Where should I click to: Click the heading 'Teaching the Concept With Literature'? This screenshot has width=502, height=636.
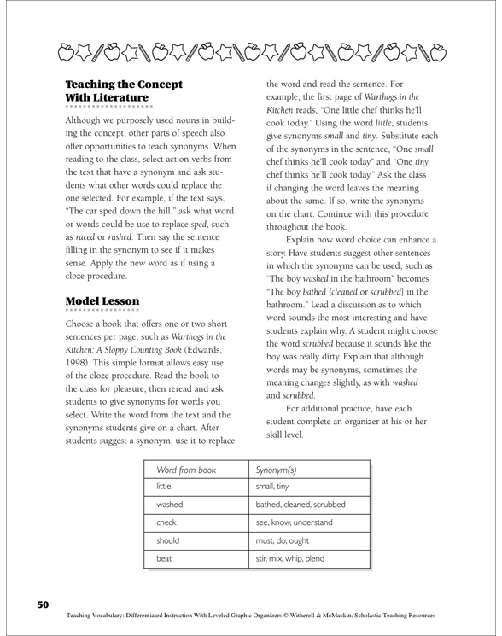(x=124, y=92)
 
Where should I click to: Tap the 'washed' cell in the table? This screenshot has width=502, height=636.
(x=169, y=505)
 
